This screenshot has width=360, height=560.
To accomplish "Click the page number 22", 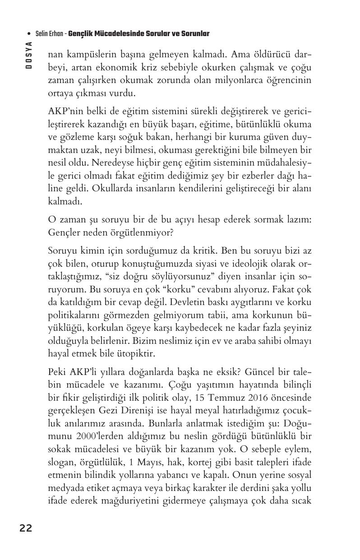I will (x=26, y=528).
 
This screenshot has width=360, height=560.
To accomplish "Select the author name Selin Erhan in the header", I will (x=50, y=34).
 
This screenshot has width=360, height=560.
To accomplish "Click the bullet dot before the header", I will (x=29, y=34).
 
